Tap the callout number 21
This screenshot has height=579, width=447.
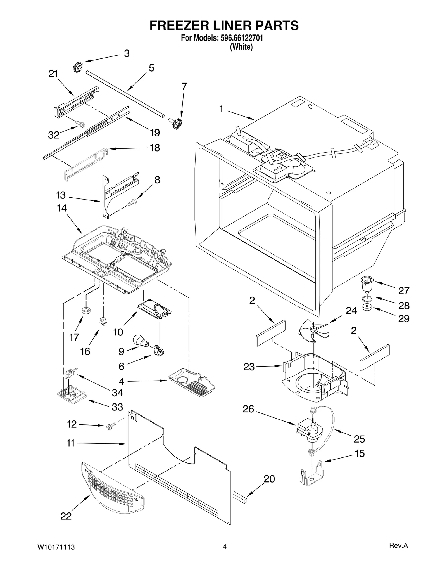[x=53, y=74]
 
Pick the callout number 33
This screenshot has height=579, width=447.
[x=117, y=407]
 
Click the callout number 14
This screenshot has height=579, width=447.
[x=62, y=208]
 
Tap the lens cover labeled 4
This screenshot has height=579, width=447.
[x=192, y=383]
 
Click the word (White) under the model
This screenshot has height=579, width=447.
[x=241, y=47]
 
